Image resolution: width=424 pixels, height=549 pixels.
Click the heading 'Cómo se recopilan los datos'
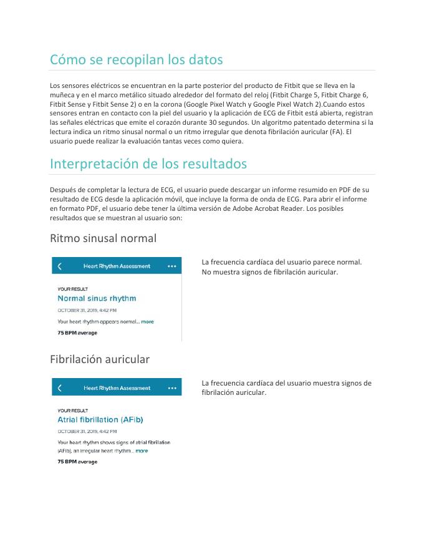[x=136, y=60]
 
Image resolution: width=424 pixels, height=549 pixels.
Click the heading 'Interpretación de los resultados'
[x=148, y=164]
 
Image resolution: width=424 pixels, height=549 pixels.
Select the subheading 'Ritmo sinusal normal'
[x=103, y=238]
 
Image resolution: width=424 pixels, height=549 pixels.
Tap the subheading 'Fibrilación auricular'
[x=100, y=360]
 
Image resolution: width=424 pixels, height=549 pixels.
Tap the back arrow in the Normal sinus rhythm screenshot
[x=60, y=266]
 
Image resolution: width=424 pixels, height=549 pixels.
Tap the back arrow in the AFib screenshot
[x=60, y=388]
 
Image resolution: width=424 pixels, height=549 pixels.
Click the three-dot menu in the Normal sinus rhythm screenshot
[x=172, y=266]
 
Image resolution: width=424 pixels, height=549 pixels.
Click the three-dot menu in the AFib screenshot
[x=172, y=388]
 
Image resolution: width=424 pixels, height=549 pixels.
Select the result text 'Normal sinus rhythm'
[x=97, y=299]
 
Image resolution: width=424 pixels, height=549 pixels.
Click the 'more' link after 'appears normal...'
[x=147, y=322]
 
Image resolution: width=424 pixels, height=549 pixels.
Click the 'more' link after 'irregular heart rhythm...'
[x=142, y=450]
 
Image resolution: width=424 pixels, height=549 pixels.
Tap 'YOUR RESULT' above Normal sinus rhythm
[x=72, y=289]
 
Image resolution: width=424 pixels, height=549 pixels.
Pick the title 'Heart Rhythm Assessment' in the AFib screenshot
[x=117, y=388]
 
